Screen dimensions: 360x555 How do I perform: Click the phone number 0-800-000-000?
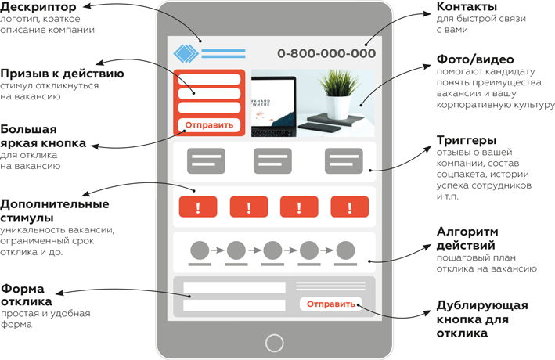326,53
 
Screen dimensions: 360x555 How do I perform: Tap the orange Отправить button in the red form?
209,124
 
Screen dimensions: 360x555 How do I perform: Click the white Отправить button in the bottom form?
330,304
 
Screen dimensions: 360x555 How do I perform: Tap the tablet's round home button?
274,342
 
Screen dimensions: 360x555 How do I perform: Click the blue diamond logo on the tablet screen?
186,53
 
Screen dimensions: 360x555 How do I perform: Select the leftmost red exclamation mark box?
198,207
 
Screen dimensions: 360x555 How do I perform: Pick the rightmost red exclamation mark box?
350,207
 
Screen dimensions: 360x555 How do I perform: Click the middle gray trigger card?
272,161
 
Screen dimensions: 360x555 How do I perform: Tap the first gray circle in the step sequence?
200,250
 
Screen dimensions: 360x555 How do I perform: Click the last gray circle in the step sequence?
345,250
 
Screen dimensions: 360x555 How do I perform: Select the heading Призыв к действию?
62,74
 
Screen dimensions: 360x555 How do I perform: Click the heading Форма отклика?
27,294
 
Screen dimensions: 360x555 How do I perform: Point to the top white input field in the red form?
209,81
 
